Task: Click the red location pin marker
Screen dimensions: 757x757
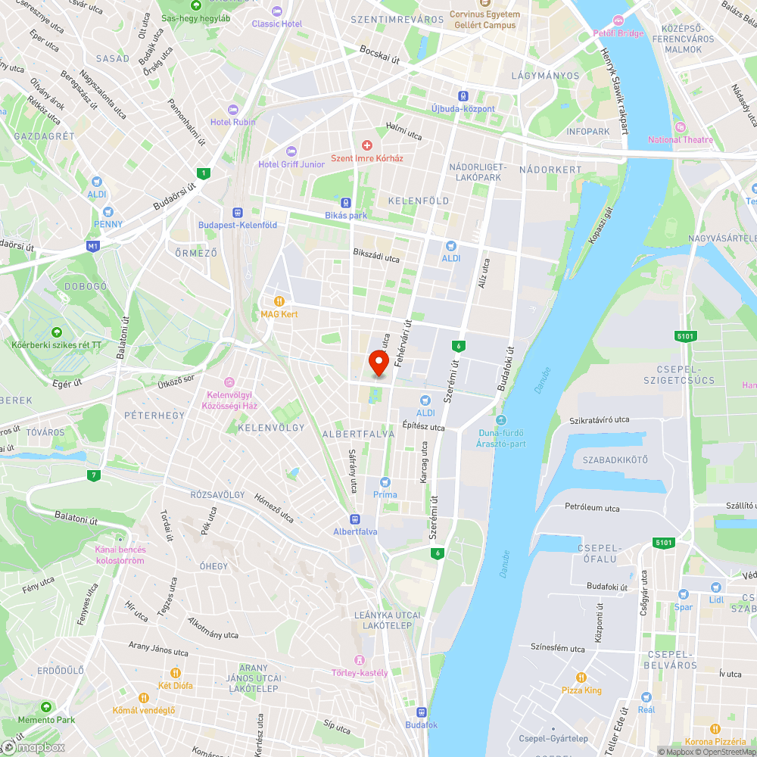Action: pyautogui.click(x=378, y=363)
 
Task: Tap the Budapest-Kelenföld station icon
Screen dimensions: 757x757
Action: pyautogui.click(x=238, y=213)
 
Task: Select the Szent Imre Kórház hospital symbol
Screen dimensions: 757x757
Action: pyautogui.click(x=367, y=145)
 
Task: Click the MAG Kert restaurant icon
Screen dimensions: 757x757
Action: pyautogui.click(x=279, y=301)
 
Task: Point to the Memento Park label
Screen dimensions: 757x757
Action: pyautogui.click(x=47, y=720)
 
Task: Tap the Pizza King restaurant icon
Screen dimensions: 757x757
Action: pyautogui.click(x=581, y=677)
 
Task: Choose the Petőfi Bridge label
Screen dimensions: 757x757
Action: pyautogui.click(x=618, y=33)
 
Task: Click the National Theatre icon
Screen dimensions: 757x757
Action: pyautogui.click(x=680, y=126)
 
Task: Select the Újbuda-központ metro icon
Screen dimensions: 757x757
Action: pyautogui.click(x=463, y=96)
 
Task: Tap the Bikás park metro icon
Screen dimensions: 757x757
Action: pyautogui.click(x=346, y=202)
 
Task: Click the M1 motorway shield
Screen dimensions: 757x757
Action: pyautogui.click(x=93, y=246)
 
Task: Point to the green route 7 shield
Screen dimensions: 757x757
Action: pyautogui.click(x=93, y=475)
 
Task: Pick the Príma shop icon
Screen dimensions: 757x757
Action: pyautogui.click(x=385, y=482)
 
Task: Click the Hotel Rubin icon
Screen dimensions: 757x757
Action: pyautogui.click(x=232, y=109)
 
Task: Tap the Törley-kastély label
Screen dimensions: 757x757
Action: pyautogui.click(x=360, y=672)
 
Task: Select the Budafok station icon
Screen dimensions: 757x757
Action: pyautogui.click(x=421, y=712)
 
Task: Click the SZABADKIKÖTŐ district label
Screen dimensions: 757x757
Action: pyautogui.click(x=615, y=460)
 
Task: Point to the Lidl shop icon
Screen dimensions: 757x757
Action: pyautogui.click(x=716, y=587)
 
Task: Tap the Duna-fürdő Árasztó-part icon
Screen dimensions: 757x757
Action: pyautogui.click(x=500, y=420)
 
